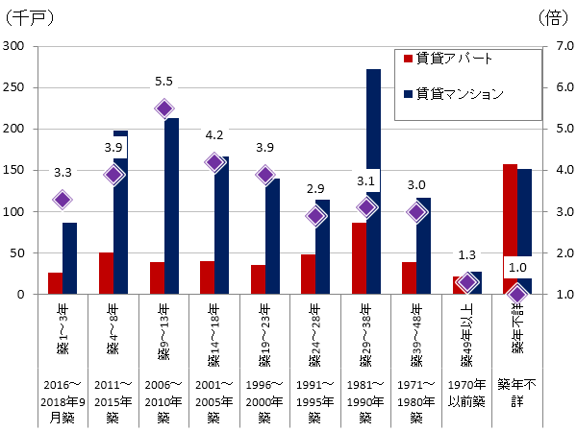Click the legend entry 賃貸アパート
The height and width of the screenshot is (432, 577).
coord(448,59)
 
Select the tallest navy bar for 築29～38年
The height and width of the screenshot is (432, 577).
coord(373,182)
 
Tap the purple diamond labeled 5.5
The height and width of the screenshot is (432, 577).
coord(164,108)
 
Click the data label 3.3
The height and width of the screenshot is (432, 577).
coord(63,173)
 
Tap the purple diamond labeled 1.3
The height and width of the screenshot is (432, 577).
coord(467,282)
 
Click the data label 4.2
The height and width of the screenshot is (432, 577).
coord(214,135)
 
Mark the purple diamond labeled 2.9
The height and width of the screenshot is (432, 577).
coord(315,216)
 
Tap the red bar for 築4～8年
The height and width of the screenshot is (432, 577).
coord(106,274)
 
